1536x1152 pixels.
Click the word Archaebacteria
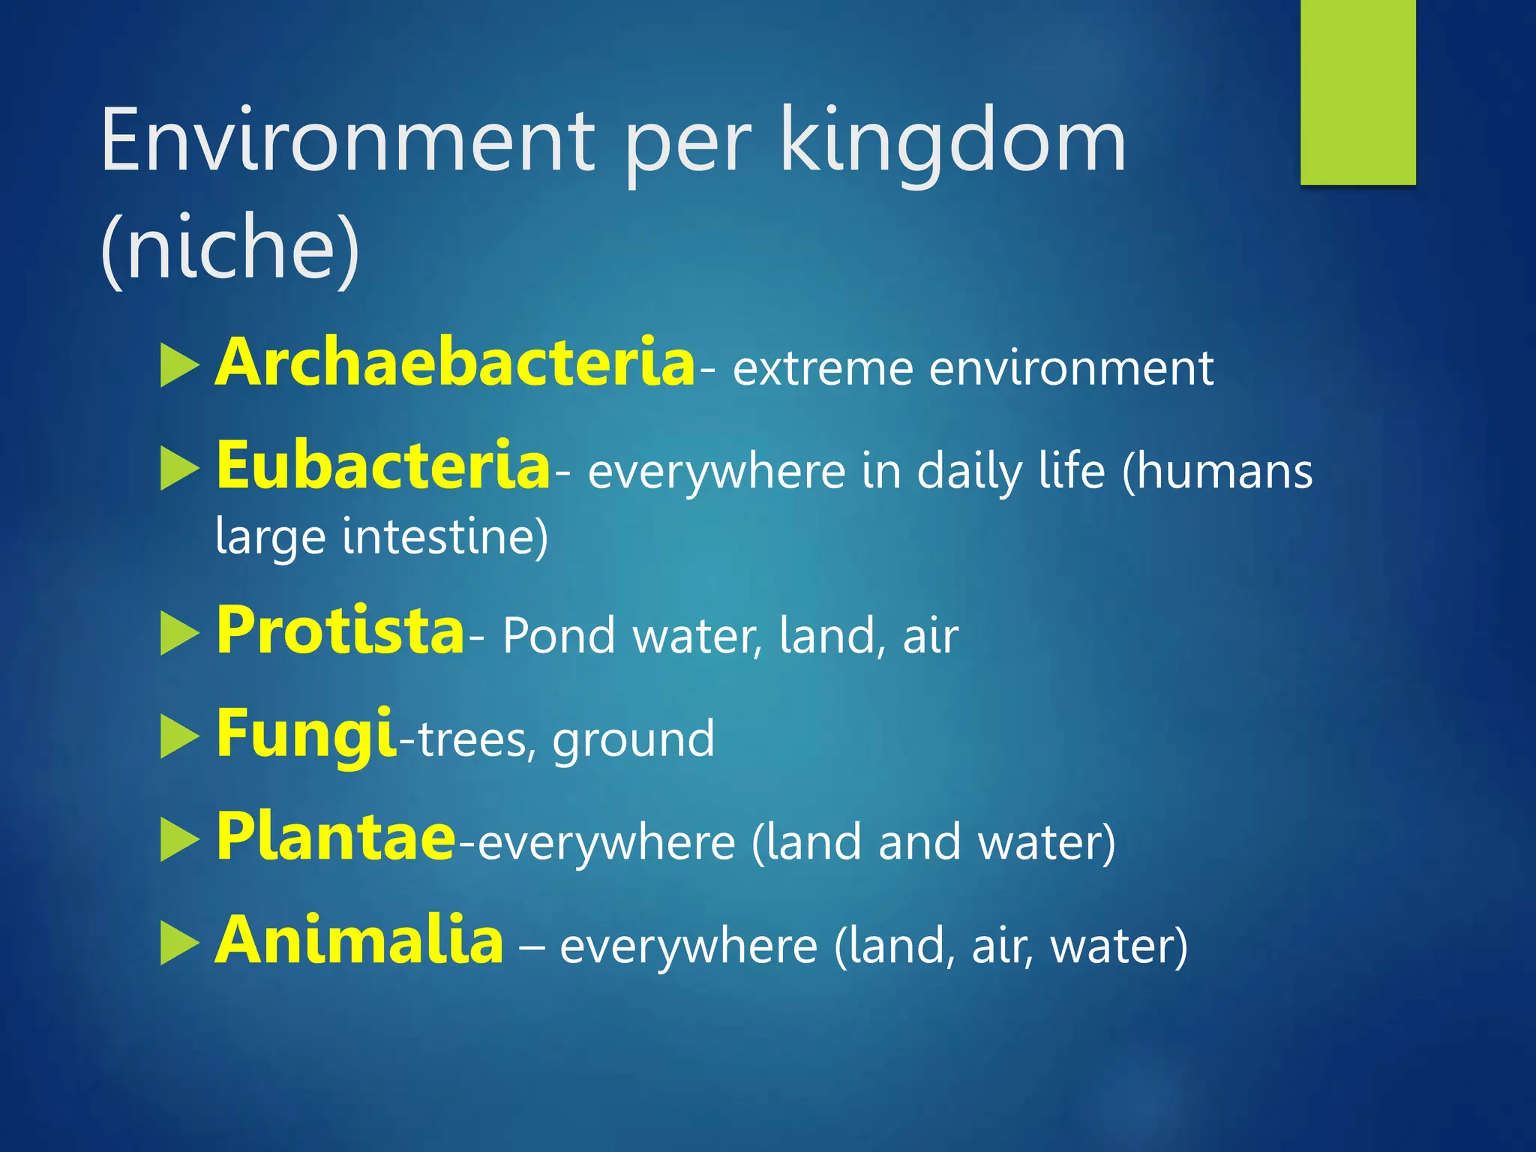(454, 363)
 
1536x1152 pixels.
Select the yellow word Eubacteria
(383, 466)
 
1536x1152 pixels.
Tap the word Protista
(340, 631)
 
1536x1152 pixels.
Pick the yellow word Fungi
(304, 734)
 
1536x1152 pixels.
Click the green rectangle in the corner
(1357, 91)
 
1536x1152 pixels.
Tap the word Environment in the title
(348, 141)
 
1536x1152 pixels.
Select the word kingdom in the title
(952, 141)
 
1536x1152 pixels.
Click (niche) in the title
(229, 247)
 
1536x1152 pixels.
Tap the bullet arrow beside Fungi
(179, 737)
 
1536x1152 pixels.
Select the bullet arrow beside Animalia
(179, 943)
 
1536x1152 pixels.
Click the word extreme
(823, 369)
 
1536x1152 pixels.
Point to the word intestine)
(445, 537)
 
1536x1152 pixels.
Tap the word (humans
(1217, 472)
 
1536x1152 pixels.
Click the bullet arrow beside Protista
(179, 634)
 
